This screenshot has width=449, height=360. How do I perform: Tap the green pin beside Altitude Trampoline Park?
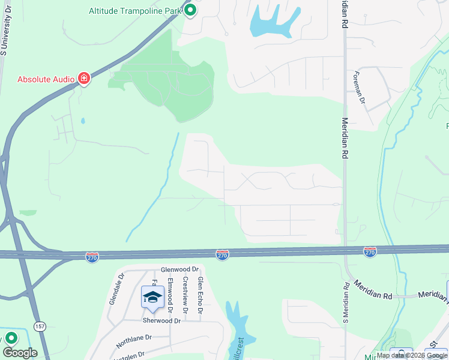(190, 10)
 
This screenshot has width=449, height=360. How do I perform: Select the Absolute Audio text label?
(46, 79)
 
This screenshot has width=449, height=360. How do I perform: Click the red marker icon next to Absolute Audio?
(84, 79)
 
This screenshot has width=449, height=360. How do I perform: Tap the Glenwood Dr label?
(179, 270)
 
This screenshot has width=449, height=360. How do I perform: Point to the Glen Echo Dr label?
(200, 295)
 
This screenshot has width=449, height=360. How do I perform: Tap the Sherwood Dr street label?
(161, 321)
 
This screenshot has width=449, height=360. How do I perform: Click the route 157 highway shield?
(40, 326)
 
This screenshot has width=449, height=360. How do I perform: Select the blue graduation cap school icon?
(152, 297)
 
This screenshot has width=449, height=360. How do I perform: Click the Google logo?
(20, 353)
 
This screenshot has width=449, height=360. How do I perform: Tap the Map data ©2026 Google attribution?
(412, 355)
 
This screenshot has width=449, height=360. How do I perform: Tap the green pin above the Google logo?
(11, 338)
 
